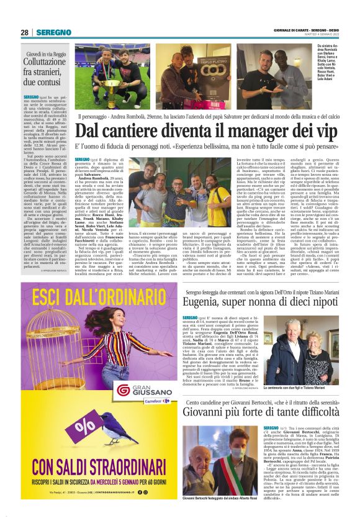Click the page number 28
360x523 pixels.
(x=25, y=32)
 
